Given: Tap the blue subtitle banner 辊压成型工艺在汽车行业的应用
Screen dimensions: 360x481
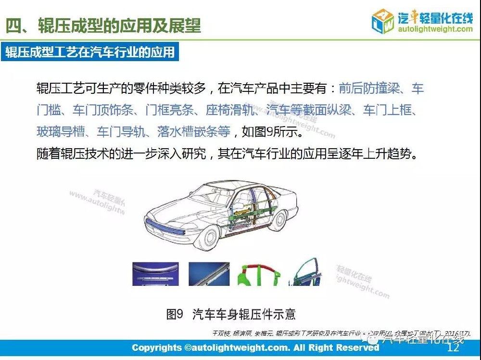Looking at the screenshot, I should (x=90, y=51).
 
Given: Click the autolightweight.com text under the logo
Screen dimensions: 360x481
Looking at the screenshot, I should (x=435, y=29).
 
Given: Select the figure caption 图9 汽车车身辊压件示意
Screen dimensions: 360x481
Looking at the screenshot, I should (x=231, y=314).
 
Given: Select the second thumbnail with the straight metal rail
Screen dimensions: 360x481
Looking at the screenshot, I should (x=208, y=274).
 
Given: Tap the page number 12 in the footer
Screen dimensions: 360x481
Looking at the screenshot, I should (x=453, y=348).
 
